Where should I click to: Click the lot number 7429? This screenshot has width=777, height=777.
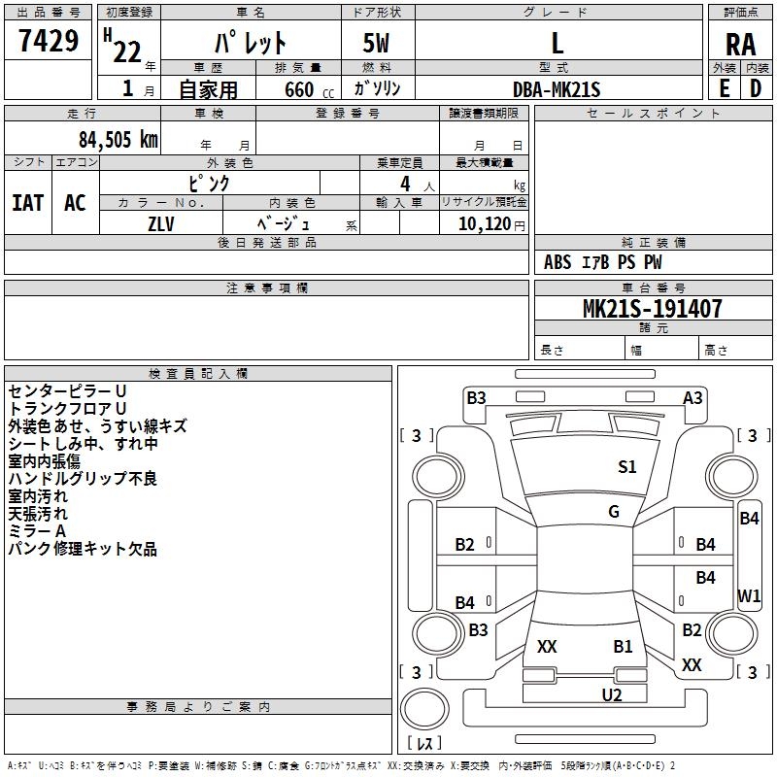pyautogui.click(x=49, y=42)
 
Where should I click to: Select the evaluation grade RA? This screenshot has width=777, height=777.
pyautogui.click(x=740, y=45)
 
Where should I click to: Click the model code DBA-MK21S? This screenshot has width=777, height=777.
pyautogui.click(x=557, y=88)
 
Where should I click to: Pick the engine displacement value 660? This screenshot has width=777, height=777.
pyautogui.click(x=297, y=88)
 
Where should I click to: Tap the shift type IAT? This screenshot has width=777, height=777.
pyautogui.click(x=27, y=202)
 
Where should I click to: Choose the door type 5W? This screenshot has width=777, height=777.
pyautogui.click(x=378, y=45)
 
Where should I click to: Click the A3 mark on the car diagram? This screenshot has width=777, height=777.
pyautogui.click(x=693, y=397)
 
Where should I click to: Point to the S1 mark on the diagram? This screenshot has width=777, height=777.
pyautogui.click(x=627, y=467)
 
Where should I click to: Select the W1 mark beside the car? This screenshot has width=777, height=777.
pyautogui.click(x=749, y=595)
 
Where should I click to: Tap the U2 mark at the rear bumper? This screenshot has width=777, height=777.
pyautogui.click(x=611, y=693)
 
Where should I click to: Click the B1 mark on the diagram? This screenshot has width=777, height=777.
pyautogui.click(x=623, y=646)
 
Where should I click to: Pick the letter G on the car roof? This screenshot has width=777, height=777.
pyautogui.click(x=614, y=512)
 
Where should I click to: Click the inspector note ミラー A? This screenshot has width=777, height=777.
pyautogui.click(x=37, y=531)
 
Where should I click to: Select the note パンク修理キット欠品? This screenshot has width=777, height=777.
pyautogui.click(x=83, y=549)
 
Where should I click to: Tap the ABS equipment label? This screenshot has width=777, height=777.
pyautogui.click(x=557, y=262)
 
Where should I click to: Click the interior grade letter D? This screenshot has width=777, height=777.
pyautogui.click(x=756, y=87)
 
